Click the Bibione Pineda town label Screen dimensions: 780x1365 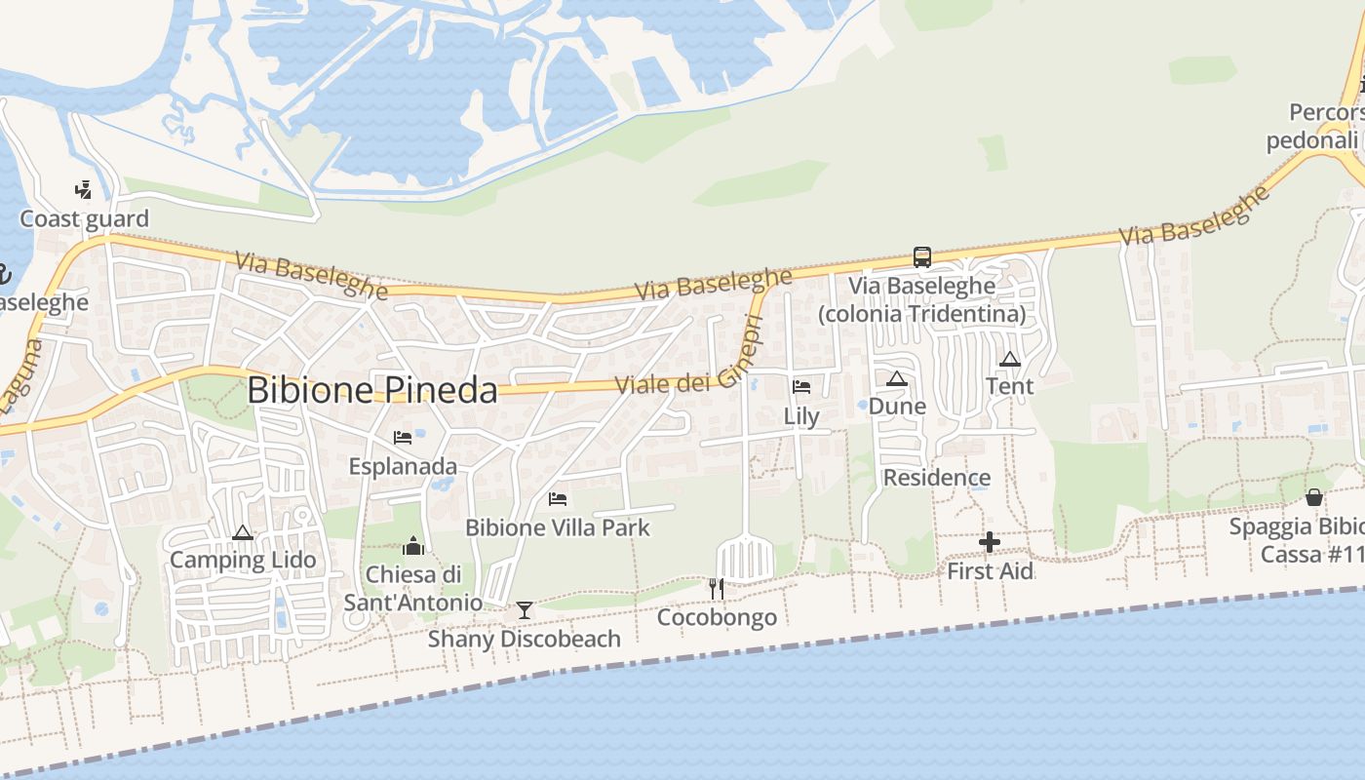(x=371, y=390)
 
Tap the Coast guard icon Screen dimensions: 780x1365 (x=84, y=189)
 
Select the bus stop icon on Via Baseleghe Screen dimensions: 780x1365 (x=921, y=257)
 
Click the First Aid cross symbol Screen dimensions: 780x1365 (x=990, y=542)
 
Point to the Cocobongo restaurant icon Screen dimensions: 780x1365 (x=717, y=589)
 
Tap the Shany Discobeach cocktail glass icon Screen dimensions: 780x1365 (x=525, y=610)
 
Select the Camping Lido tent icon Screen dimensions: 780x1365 (x=243, y=532)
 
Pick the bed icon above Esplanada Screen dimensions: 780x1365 (x=403, y=438)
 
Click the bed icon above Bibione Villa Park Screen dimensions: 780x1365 (x=558, y=499)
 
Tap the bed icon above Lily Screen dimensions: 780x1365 (x=801, y=387)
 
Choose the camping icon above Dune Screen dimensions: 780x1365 (x=897, y=378)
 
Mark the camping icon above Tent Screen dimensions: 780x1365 (x=1009, y=359)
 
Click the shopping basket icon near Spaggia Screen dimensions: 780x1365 (x=1314, y=497)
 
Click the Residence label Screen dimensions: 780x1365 (x=936, y=478)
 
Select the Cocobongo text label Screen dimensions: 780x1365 (x=717, y=617)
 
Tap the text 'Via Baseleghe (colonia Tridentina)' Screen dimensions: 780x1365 (x=921, y=300)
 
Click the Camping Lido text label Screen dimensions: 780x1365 (x=243, y=560)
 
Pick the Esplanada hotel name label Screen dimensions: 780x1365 (x=403, y=466)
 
